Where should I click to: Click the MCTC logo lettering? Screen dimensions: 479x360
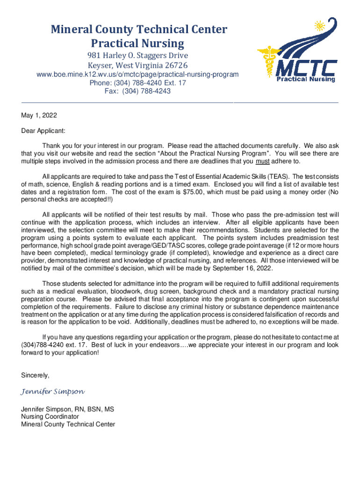[x=306, y=68]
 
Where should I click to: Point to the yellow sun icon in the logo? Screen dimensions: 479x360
[x=320, y=26]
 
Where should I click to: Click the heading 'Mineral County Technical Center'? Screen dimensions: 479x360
[x=139, y=30]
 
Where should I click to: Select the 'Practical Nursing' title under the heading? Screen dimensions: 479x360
[x=138, y=44]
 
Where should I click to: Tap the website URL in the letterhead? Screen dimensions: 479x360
[x=138, y=74]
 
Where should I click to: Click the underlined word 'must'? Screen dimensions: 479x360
[x=262, y=161]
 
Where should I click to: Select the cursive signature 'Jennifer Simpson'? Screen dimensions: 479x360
[x=53, y=391]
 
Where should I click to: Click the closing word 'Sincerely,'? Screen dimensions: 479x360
[x=35, y=375]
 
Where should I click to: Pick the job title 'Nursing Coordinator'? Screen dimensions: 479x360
[x=50, y=417]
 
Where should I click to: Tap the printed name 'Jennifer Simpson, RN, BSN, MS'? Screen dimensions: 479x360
[x=68, y=409]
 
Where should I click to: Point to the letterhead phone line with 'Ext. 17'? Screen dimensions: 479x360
[x=138, y=83]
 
